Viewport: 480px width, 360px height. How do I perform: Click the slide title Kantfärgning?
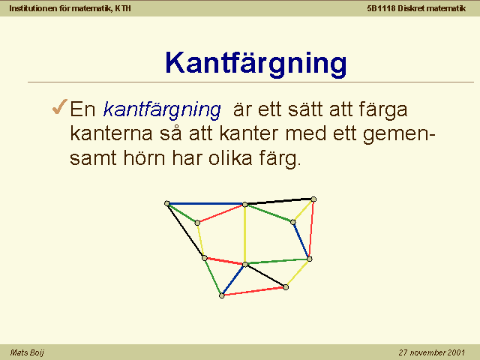click(256, 64)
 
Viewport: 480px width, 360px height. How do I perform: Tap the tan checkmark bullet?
click(60, 106)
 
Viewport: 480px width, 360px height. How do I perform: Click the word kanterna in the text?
click(111, 133)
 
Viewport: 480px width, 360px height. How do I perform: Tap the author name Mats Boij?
click(27, 352)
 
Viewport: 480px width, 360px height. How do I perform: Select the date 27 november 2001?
click(432, 352)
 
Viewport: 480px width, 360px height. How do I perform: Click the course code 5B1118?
click(381, 8)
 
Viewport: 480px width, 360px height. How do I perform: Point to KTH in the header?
click(123, 8)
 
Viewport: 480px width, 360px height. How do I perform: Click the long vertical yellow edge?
click(245, 235)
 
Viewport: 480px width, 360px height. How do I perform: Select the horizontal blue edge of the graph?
click(205, 203)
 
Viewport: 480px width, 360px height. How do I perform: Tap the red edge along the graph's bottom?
click(253, 292)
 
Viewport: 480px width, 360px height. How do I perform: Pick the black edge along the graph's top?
click(279, 202)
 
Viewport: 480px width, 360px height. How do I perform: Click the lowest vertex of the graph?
click(222, 295)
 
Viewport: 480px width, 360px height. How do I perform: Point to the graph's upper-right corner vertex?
click(313, 199)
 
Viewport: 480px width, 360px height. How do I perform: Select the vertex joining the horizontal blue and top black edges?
click(245, 204)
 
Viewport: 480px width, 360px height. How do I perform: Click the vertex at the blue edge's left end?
click(167, 203)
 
